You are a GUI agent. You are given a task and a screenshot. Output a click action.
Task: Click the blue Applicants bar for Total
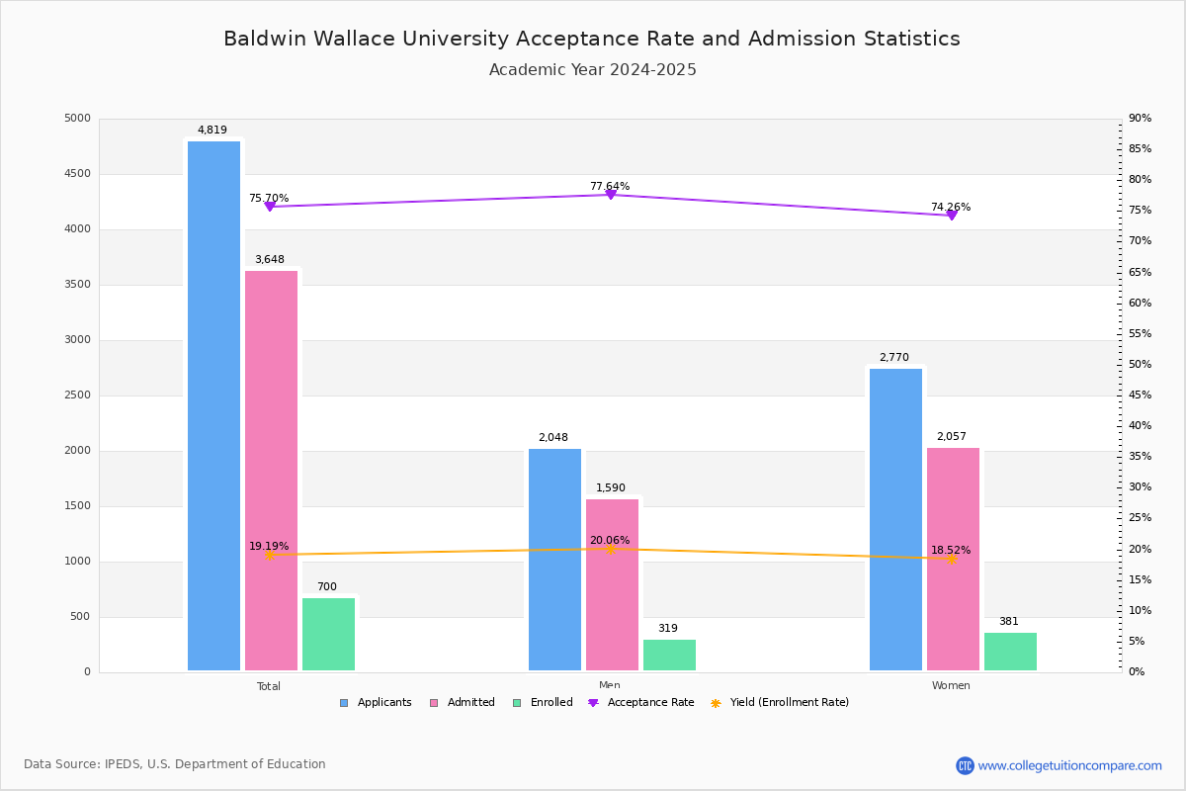click(x=213, y=405)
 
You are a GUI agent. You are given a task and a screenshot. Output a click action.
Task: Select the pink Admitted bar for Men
click(x=612, y=584)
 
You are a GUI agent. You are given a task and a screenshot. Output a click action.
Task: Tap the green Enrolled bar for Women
click(x=1010, y=652)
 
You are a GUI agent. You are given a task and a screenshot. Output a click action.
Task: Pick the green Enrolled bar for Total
click(x=328, y=634)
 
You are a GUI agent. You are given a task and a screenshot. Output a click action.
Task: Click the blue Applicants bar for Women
click(x=895, y=519)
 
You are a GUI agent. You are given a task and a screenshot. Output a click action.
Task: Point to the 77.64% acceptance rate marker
click(x=610, y=195)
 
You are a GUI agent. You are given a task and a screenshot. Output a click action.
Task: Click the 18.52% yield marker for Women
click(x=951, y=559)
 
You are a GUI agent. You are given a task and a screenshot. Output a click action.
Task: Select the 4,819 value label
click(x=212, y=131)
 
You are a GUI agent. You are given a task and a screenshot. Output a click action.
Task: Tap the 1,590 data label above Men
click(x=610, y=488)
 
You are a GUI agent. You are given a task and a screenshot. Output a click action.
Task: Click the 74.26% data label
click(x=950, y=208)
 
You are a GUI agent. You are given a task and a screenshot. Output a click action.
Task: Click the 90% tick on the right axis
click(x=1140, y=119)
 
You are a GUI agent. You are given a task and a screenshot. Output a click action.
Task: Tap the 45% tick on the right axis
click(x=1140, y=395)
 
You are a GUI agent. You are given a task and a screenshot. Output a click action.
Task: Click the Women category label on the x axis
click(x=950, y=686)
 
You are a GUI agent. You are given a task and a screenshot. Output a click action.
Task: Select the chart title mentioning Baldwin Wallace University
click(x=591, y=40)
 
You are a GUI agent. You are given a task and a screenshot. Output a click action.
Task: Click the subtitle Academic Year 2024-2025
click(x=592, y=70)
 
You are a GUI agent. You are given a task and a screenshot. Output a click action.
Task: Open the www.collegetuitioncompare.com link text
click(x=1069, y=765)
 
